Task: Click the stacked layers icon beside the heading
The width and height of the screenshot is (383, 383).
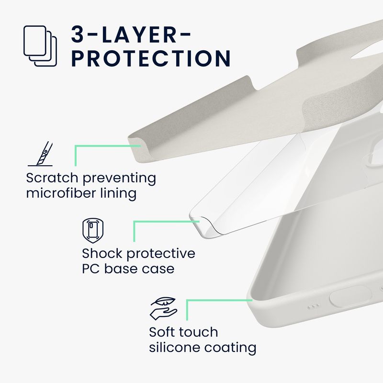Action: point(40,46)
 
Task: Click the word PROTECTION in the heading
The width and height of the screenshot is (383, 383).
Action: point(151,58)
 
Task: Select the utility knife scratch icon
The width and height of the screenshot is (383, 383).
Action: point(41,154)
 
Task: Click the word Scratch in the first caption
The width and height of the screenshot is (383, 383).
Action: point(52,178)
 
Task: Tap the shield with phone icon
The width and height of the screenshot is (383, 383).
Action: point(93,231)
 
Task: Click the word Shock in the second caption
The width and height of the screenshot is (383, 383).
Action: point(102,253)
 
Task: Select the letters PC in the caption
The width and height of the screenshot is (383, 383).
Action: point(91,269)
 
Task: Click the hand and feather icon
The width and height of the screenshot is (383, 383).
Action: point(164,309)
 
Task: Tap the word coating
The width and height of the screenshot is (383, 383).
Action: point(230,348)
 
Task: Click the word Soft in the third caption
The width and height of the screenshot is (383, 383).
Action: point(162,332)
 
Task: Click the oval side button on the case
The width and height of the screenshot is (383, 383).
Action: point(350,296)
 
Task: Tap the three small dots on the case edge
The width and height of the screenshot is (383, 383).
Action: point(314,306)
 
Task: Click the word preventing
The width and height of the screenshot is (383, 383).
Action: point(119,178)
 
